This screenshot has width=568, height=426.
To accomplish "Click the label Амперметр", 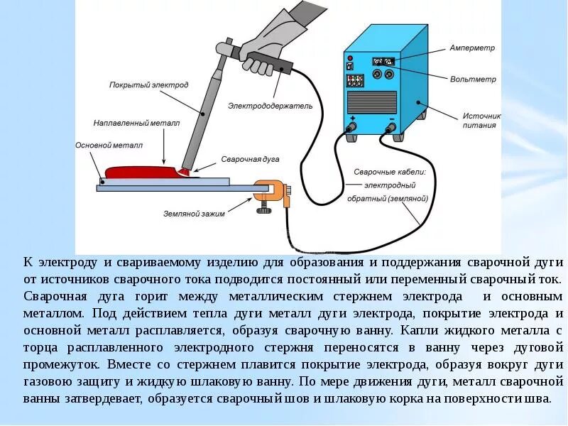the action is [471, 48].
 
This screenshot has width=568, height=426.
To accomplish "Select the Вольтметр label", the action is [473, 80].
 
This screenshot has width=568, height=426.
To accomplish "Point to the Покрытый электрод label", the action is [148, 85].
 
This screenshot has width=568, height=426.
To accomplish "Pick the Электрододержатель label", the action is [270, 106].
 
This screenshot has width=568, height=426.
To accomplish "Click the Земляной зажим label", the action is [193, 214].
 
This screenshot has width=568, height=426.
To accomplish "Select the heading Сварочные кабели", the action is [390, 172].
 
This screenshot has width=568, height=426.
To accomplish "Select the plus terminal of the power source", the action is [351, 129].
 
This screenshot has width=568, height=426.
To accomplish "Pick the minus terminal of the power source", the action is [390, 129].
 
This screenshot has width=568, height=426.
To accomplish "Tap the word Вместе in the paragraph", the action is [131, 364].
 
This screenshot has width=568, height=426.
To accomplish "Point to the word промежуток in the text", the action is [59, 364].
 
